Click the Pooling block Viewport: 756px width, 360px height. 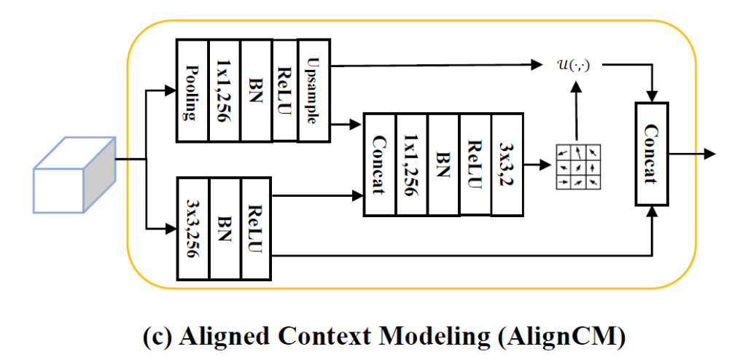192,90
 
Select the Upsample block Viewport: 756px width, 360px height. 313,90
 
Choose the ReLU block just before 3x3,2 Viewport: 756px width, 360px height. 475,164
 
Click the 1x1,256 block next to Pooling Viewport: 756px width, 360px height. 224,90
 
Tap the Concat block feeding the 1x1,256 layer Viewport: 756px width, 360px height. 379,164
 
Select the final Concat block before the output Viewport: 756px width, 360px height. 652,153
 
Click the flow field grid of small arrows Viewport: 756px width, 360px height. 577,166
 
